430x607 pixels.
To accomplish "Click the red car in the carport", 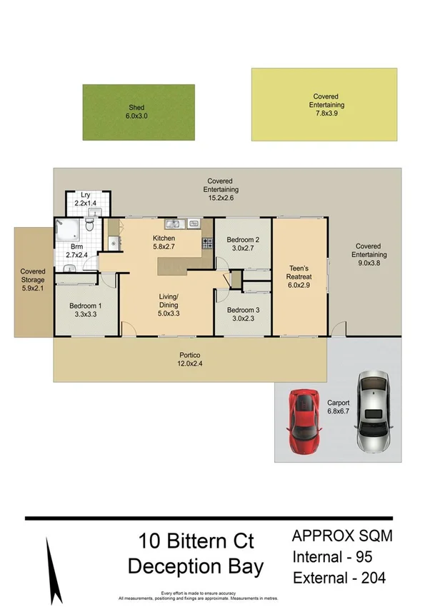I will (x=304, y=421).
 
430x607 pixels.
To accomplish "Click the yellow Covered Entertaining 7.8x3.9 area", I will (x=324, y=104).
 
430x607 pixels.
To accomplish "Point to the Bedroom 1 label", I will (x=86, y=310).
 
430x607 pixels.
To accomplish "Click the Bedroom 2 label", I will (x=243, y=244).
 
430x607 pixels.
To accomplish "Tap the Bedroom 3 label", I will (x=243, y=314).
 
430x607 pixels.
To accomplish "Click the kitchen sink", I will (x=174, y=224).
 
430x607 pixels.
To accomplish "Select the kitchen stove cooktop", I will (x=208, y=242).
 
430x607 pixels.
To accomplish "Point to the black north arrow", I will (x=50, y=562).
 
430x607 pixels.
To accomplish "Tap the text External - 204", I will (x=339, y=578).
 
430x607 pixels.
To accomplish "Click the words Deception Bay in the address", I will (x=195, y=567).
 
